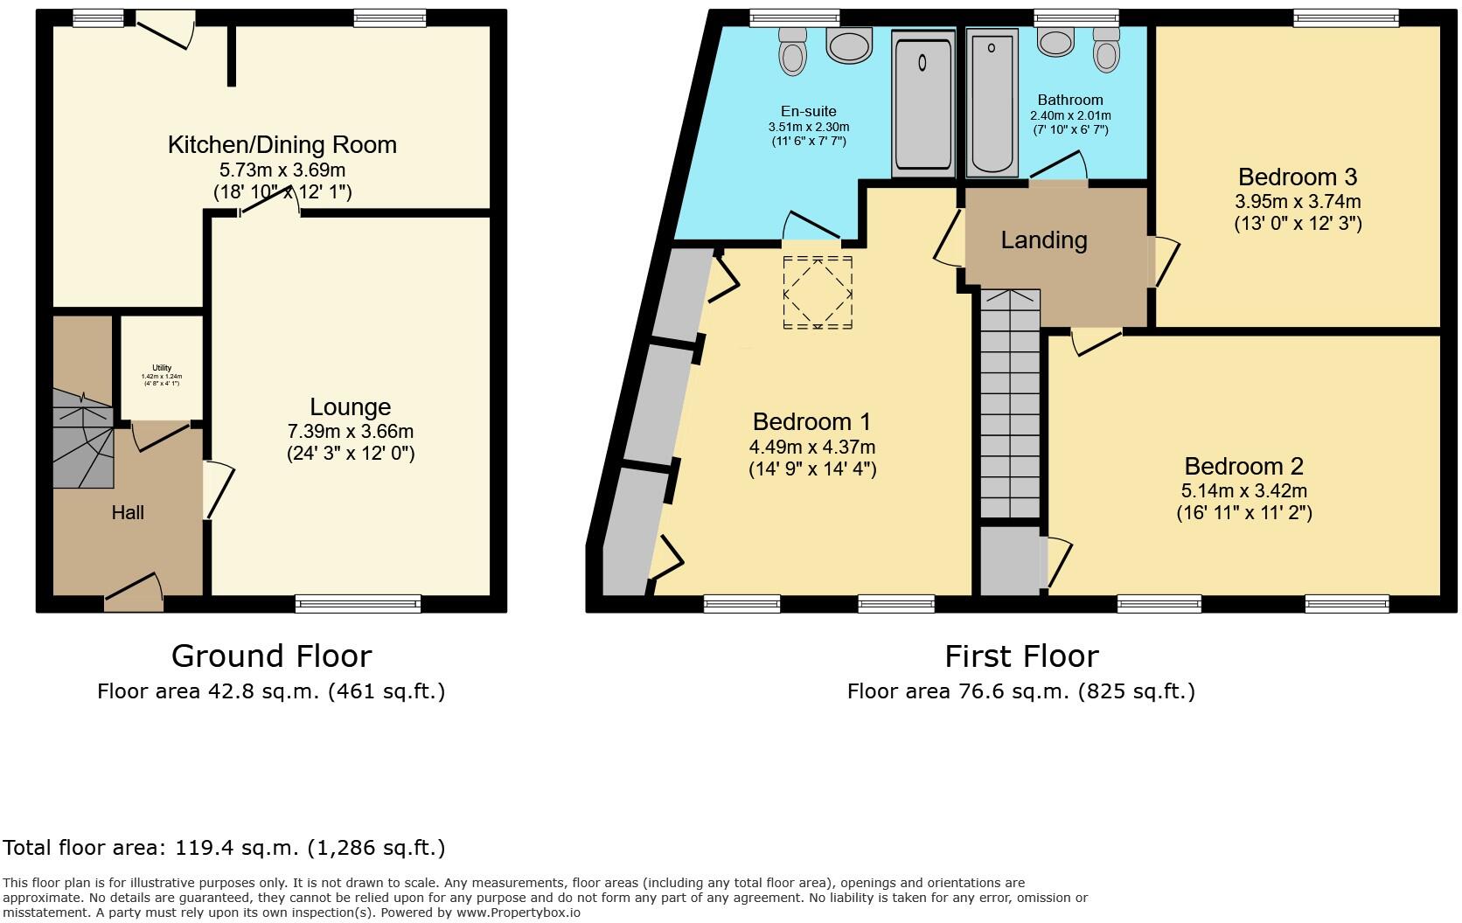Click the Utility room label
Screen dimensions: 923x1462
[162, 368]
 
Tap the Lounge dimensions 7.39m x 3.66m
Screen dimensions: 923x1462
[350, 431]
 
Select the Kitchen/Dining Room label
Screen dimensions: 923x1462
[282, 144]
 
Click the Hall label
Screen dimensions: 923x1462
[128, 512]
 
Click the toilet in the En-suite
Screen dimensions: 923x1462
[793, 51]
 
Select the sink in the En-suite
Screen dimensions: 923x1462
[849, 45]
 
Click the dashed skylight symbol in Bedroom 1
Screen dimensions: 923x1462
[818, 293]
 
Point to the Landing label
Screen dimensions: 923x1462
[1044, 240]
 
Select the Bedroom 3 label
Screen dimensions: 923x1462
[1298, 177]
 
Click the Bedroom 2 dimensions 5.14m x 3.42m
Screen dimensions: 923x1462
[1243, 490]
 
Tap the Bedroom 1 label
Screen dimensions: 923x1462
[811, 421]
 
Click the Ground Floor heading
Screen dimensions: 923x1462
[271, 656]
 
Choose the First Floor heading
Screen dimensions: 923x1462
[1021, 656]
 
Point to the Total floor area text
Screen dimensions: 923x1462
[224, 847]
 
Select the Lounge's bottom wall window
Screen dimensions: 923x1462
[358, 603]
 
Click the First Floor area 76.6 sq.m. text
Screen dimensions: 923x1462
[1020, 691]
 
